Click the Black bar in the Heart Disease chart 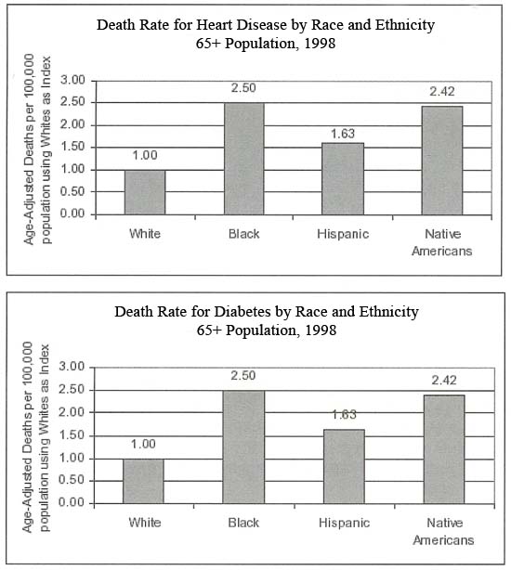pos(244,159)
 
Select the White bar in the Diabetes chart pos(143,481)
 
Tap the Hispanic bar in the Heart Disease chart pos(343,179)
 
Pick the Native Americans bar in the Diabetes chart pos(444,449)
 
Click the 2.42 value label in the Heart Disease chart pos(442,91)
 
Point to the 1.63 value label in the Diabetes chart pos(345,414)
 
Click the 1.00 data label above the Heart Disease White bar pos(145,155)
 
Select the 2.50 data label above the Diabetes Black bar pos(242,375)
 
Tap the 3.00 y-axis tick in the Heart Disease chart pos(72,80)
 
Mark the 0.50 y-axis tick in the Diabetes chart pos(72,480)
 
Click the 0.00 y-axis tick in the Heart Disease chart pos(72,214)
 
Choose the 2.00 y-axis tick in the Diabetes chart pos(72,412)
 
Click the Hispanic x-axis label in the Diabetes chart pos(344,523)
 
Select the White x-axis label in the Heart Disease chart pos(145,233)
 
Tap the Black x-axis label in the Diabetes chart pos(243,523)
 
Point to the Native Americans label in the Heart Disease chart pos(442,242)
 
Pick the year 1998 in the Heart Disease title pos(320,44)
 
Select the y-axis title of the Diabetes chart pos(35,437)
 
